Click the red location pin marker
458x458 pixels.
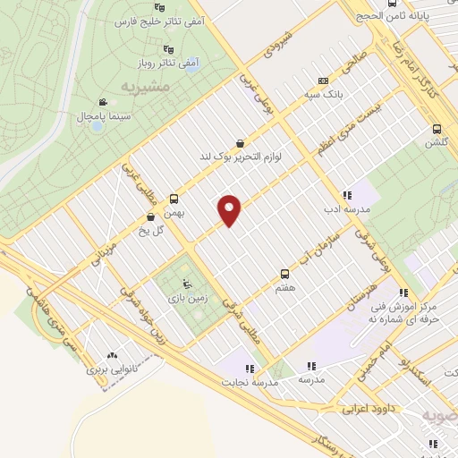pyautogui.click(x=230, y=208)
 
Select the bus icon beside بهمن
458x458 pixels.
pyautogui.click(x=174, y=199)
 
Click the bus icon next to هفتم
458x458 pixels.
pyautogui.click(x=285, y=273)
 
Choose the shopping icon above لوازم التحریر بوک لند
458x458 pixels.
pyautogui.click(x=240, y=143)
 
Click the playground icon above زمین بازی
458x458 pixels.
pyautogui.click(x=186, y=285)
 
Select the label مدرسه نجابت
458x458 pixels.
pyautogui.click(x=251, y=381)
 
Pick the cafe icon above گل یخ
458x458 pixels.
pyautogui.click(x=149, y=216)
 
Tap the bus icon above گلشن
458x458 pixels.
pyautogui.click(x=437, y=128)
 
